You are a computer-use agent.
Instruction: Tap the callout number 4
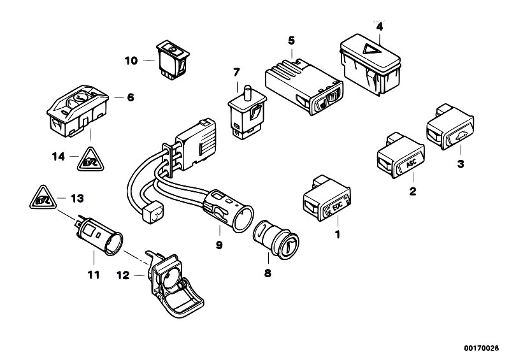(x=380, y=27)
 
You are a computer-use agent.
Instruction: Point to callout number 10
(x=131, y=61)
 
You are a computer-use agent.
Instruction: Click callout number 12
(x=123, y=275)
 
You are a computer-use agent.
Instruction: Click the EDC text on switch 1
(x=335, y=207)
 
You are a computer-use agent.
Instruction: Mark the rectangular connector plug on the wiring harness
(x=198, y=140)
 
